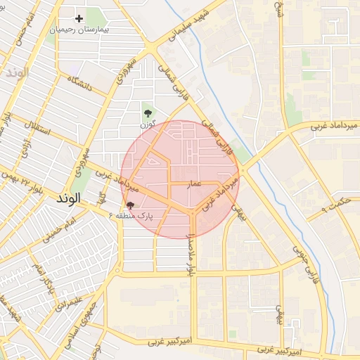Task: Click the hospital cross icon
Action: [79, 18]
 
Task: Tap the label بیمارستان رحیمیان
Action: [79, 32]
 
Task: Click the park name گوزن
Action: [147, 124]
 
